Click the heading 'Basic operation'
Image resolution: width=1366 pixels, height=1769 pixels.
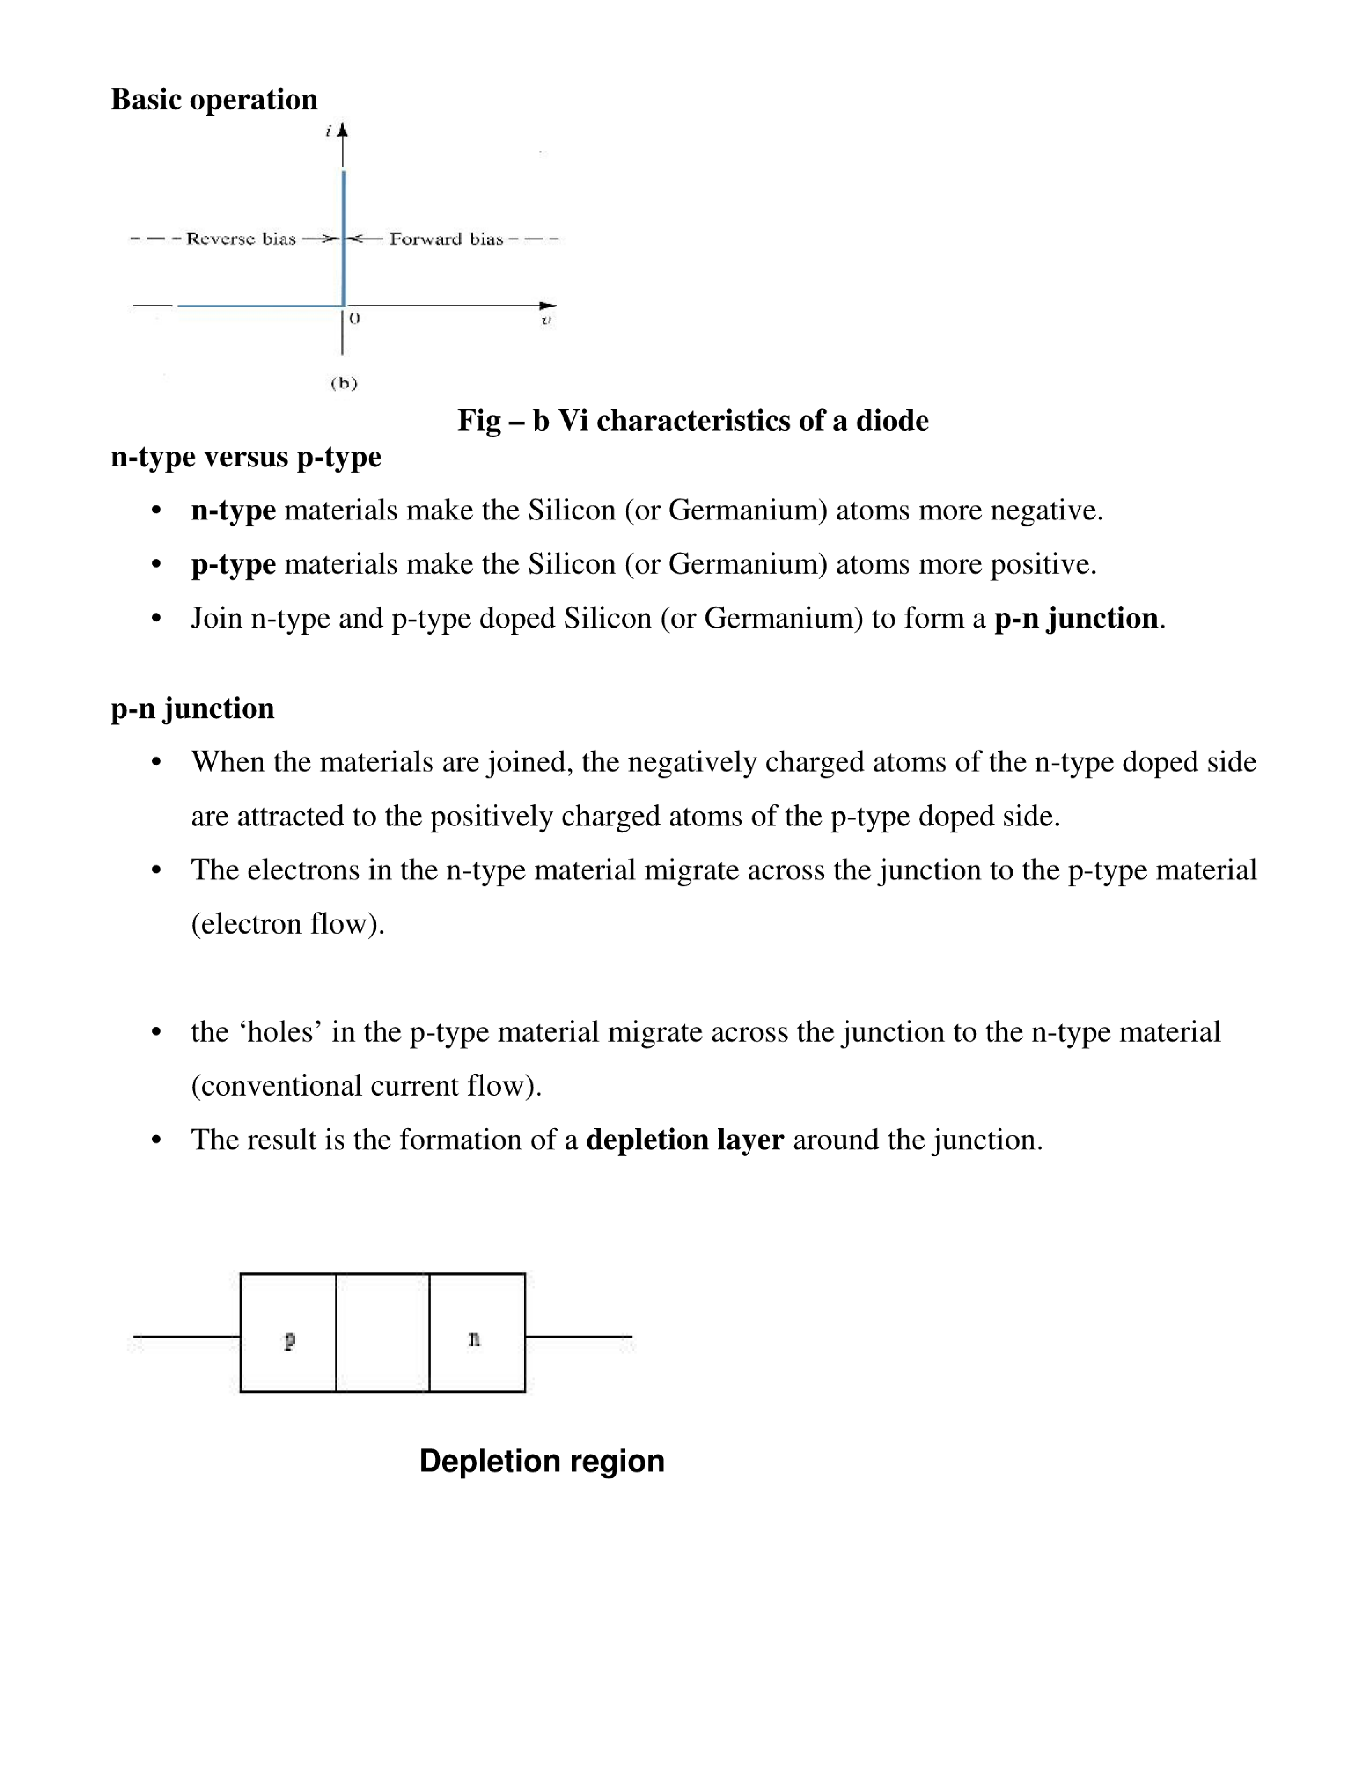(214, 100)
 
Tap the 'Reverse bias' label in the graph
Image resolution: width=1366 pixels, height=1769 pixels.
(240, 239)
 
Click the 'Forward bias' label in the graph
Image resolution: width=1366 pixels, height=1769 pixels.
(446, 239)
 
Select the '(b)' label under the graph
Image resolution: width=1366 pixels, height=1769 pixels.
(343, 383)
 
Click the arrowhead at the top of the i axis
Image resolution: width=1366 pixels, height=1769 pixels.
(343, 130)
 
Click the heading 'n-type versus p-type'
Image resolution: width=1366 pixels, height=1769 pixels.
(245, 457)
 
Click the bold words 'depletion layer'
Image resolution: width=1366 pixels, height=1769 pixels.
(684, 1140)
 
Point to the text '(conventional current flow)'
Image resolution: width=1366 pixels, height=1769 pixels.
(366, 1086)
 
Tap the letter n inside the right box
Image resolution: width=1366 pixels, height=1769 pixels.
(475, 1339)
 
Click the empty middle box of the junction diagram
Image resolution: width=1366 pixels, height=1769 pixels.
(382, 1333)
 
